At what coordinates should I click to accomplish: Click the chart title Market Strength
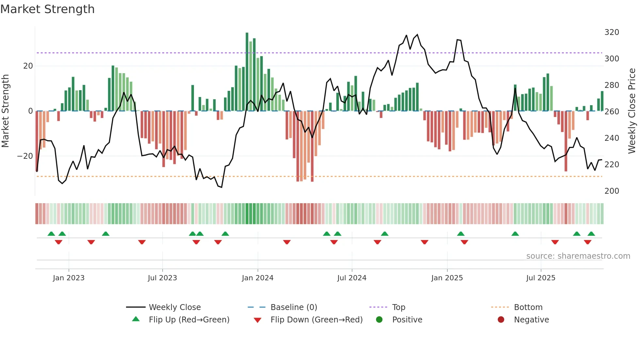pos(47,9)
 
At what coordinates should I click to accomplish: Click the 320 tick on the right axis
pos(612,32)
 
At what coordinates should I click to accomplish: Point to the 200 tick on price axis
pos(612,191)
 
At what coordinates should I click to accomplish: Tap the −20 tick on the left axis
pos(25,156)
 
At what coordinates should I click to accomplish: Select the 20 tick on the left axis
pos(28,66)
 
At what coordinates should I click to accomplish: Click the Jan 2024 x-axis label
pos(258,278)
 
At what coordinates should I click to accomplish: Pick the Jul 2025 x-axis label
pos(541,278)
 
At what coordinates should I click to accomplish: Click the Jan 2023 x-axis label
pos(69,278)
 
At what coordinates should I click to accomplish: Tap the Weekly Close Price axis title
pos(632,111)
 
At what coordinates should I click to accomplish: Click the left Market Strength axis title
pos(5,111)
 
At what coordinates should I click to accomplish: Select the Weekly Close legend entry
pos(175,307)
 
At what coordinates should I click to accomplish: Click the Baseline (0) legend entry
pos(294,307)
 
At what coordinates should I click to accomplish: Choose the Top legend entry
pos(399,307)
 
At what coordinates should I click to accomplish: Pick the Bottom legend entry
pos(528,307)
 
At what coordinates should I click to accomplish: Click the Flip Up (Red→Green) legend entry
pos(189,320)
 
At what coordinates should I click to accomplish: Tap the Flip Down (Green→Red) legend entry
pos(316,320)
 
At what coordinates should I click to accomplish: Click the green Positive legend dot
pos(379,319)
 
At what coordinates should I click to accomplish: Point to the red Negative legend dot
pos(501,319)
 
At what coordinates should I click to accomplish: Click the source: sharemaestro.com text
pos(578,256)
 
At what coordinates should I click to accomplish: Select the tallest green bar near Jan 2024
pos(247,72)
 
